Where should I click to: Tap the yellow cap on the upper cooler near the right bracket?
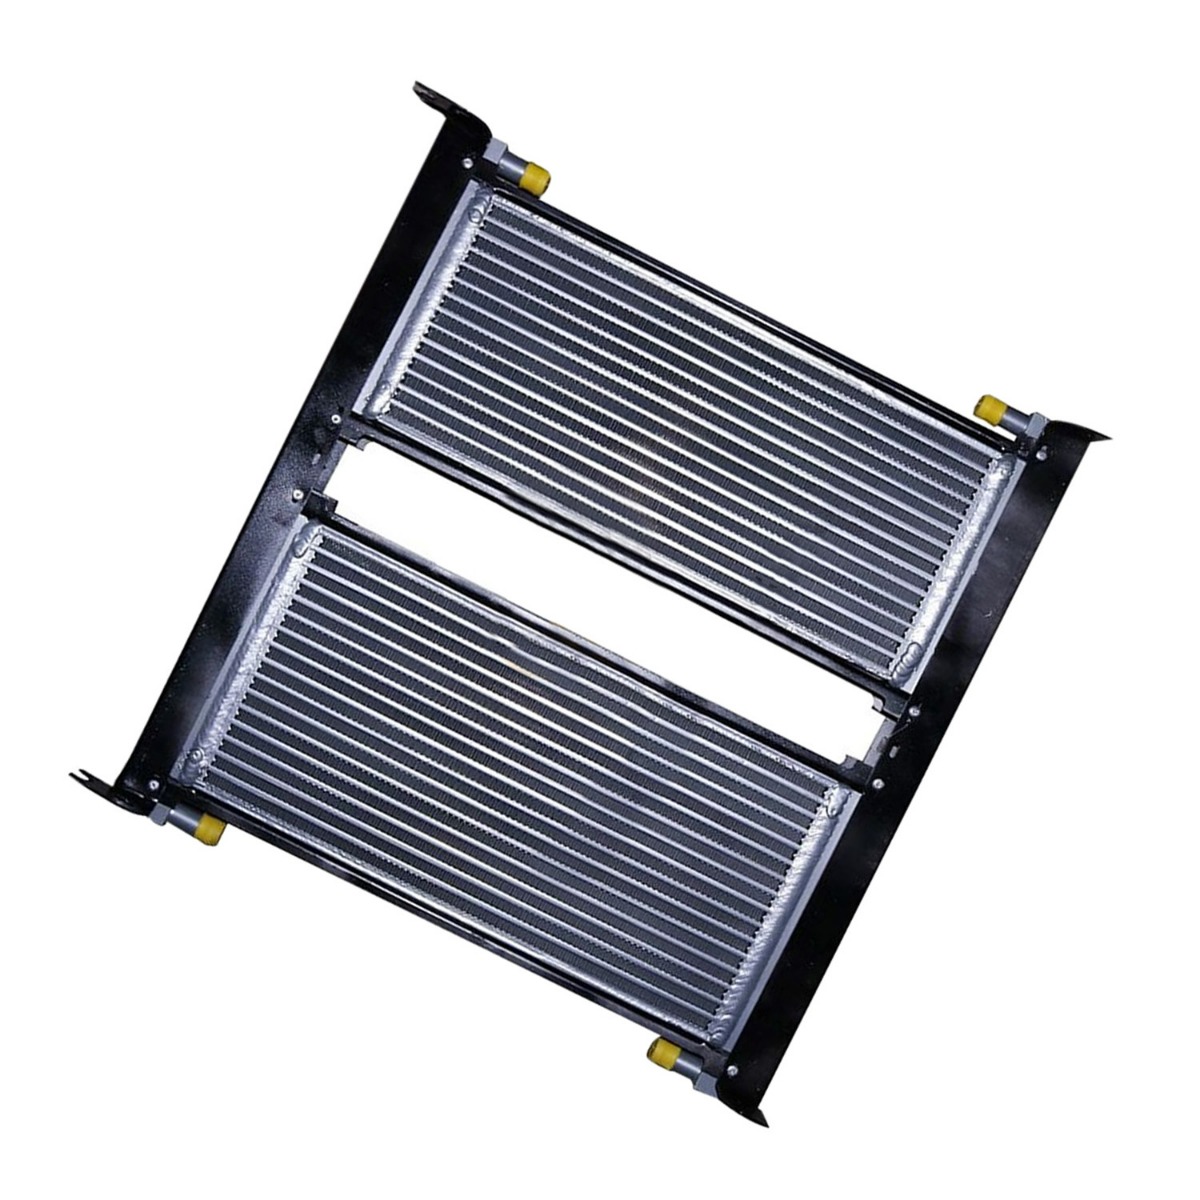[x=990, y=408]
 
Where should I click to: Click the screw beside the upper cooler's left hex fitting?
[x=469, y=161]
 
